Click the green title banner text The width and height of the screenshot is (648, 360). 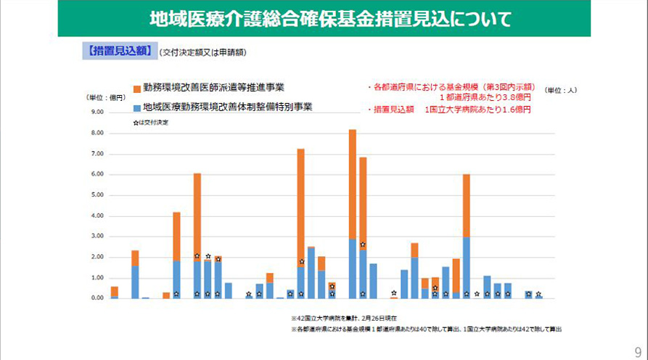(x=324, y=19)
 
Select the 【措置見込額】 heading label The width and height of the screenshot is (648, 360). (x=116, y=51)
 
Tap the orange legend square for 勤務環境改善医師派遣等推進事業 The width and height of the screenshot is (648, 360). (x=136, y=89)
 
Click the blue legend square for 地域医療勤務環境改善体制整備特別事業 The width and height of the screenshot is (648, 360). (x=136, y=107)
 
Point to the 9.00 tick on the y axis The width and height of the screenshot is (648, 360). (x=97, y=112)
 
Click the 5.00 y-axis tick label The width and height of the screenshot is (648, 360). (x=97, y=195)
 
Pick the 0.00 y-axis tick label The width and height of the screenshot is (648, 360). (x=97, y=298)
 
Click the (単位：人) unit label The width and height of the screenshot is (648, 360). (x=561, y=91)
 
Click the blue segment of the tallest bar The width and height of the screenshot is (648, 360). (x=353, y=269)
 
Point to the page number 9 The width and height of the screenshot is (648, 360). (x=637, y=350)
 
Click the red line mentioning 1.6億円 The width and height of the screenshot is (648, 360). (x=451, y=110)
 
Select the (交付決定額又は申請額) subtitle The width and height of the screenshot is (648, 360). (x=205, y=52)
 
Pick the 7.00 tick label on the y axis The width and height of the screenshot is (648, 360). (x=97, y=154)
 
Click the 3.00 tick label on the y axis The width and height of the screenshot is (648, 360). (x=97, y=237)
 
